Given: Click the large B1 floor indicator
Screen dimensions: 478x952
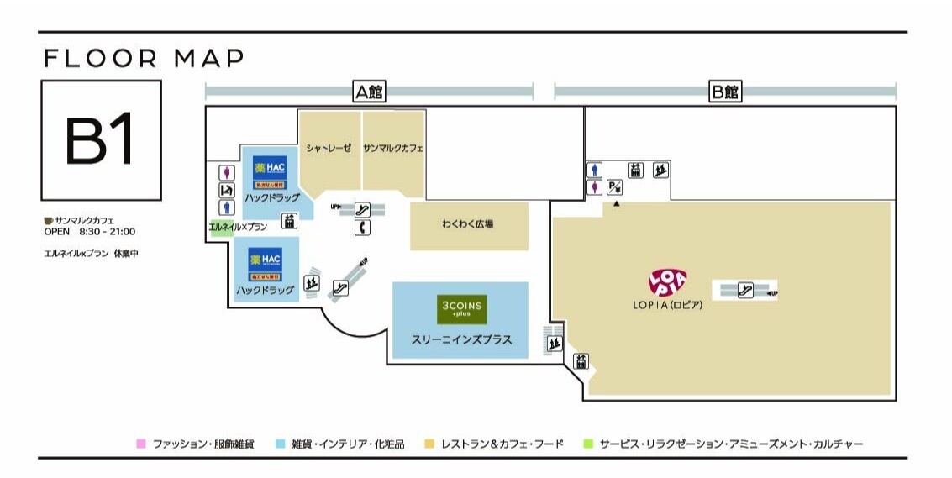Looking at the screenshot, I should [x=100, y=139].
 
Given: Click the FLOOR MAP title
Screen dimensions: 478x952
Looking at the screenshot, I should [x=144, y=59].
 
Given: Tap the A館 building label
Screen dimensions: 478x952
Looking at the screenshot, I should [x=369, y=92].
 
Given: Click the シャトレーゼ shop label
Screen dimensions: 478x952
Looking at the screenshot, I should [x=329, y=149].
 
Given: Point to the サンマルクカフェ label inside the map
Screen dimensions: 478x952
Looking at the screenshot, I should [x=393, y=149].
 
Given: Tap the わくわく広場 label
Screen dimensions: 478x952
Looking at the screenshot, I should [x=468, y=224].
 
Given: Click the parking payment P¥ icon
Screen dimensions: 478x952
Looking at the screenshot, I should [x=614, y=187].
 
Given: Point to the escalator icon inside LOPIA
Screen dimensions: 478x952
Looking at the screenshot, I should [x=744, y=291].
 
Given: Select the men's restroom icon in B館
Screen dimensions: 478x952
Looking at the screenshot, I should [x=595, y=170].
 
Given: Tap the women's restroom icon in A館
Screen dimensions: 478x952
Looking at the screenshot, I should [x=225, y=172].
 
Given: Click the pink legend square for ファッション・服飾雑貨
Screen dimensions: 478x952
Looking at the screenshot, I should [x=141, y=444].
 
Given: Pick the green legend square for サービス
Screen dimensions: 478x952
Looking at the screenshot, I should [x=588, y=444].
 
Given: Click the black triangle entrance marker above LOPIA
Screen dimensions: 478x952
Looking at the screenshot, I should [x=616, y=204].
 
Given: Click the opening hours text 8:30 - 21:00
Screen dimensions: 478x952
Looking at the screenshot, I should [x=108, y=232].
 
